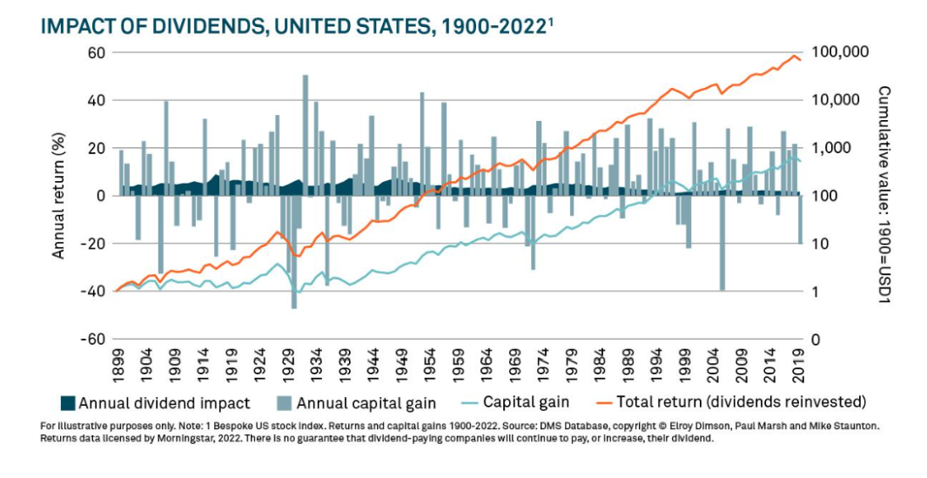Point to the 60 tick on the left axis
(94, 52)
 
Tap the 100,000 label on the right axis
(839, 52)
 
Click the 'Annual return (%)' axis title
(59, 195)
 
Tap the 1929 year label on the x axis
(287, 367)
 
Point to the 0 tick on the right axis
(815, 340)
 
